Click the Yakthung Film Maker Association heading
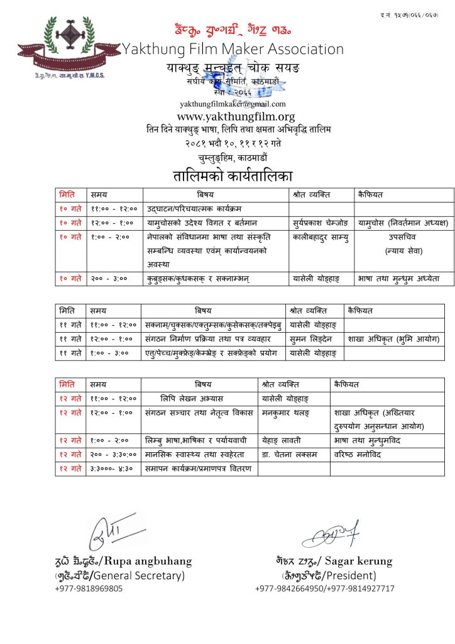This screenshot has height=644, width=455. point(233,49)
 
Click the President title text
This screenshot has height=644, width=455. point(353,575)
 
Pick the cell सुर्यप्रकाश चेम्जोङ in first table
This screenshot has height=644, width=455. point(319,223)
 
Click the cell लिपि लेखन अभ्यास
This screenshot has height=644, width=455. point(191,399)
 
